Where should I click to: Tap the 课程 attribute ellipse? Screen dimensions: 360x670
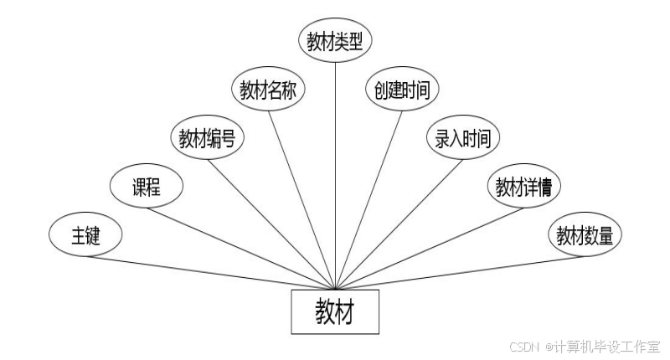pos(146,187)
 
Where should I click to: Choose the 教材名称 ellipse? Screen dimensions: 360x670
pos(268,90)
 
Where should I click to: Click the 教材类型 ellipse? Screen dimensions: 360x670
pos(335,41)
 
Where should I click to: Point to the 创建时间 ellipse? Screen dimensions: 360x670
pos(401,90)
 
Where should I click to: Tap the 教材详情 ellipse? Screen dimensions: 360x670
pos(523,187)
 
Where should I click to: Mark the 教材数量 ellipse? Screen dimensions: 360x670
pos(585,235)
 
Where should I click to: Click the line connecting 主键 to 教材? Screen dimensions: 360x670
pos(209,272)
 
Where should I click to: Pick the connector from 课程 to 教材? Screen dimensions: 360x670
pos(243,248)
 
